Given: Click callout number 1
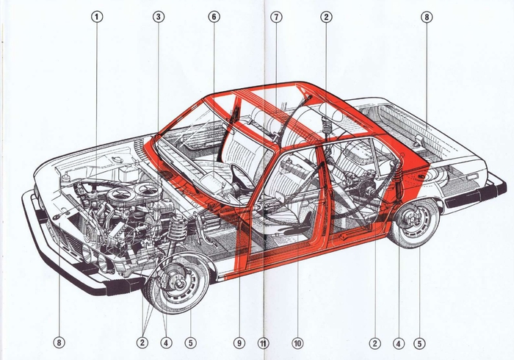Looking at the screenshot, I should (98, 16).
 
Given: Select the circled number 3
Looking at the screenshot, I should (159, 16).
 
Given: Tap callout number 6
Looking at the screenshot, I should (214, 16).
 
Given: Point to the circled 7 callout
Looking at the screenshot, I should (276, 16).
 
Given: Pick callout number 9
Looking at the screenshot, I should (239, 342).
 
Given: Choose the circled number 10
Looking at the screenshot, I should (297, 342).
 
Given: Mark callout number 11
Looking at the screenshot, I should (264, 342).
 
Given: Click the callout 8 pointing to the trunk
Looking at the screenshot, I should (427, 16).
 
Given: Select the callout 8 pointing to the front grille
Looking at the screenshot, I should (59, 342).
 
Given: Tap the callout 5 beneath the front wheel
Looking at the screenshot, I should (191, 342).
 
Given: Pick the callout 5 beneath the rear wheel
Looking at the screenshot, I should (419, 342).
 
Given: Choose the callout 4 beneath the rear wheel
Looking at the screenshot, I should (399, 342).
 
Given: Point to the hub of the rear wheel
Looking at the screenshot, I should (414, 220).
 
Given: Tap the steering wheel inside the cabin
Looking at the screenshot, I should (240, 176).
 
